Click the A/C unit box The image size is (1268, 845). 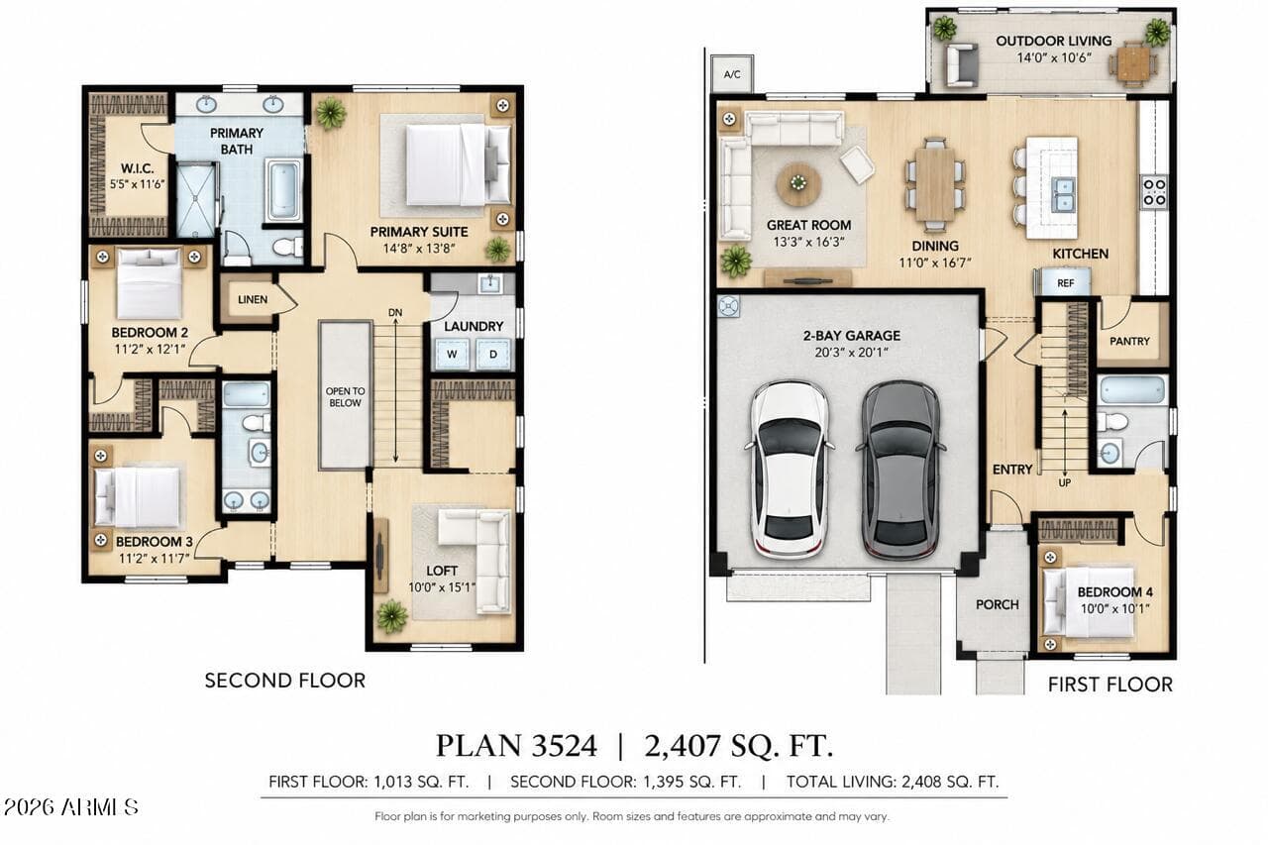click(x=732, y=74)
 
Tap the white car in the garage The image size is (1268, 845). click(x=791, y=470)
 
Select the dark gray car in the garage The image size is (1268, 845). click(x=900, y=470)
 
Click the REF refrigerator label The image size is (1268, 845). click(x=1065, y=283)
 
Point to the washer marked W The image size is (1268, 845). click(x=452, y=354)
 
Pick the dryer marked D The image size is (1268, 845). click(x=493, y=354)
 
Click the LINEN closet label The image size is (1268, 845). click(x=253, y=299)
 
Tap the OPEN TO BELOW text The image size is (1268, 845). click(x=346, y=397)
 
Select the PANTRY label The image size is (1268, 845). click(x=1129, y=342)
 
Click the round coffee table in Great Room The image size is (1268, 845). click(x=798, y=184)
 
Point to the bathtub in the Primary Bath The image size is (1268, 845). click(x=283, y=190)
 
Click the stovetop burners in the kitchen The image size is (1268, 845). click(x=1154, y=192)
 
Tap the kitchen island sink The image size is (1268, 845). click(x=1063, y=194)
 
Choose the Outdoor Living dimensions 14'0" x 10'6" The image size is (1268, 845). click(x=1053, y=57)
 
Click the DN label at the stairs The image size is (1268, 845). click(x=395, y=312)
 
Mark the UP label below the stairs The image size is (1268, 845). click(x=1064, y=482)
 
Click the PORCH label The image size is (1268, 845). click(x=997, y=604)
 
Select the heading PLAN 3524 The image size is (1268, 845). click(x=516, y=745)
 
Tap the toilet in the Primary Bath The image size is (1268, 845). click(x=288, y=247)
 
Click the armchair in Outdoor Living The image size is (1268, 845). click(x=961, y=65)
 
